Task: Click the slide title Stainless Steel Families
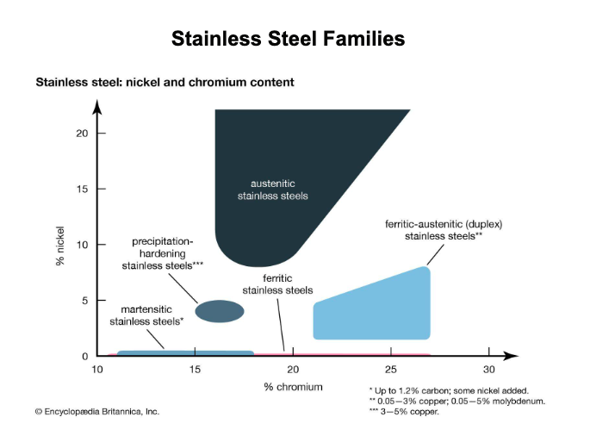(x=288, y=39)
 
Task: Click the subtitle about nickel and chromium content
(x=165, y=83)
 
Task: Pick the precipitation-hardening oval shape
(x=221, y=311)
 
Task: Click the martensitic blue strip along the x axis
(x=185, y=352)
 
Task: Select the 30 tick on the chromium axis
(x=488, y=369)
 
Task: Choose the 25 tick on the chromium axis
(x=391, y=369)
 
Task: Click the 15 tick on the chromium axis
(x=196, y=369)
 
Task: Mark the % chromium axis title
(x=294, y=387)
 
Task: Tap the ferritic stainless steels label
(x=277, y=284)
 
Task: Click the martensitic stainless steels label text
(x=146, y=314)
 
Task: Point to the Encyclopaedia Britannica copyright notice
(x=96, y=412)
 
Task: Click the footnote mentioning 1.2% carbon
(x=448, y=390)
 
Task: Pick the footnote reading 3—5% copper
(x=405, y=412)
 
